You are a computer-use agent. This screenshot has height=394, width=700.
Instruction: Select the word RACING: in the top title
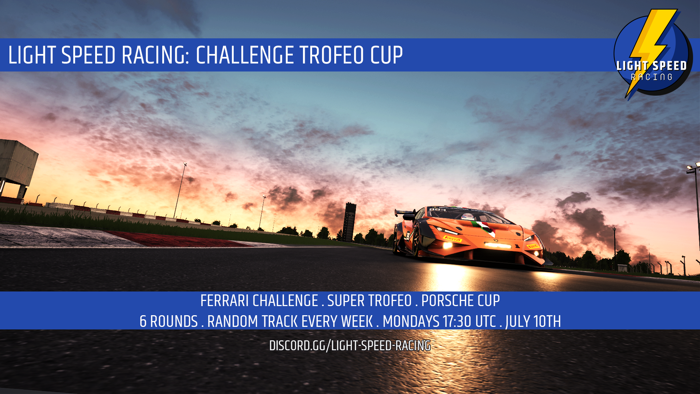(x=155, y=55)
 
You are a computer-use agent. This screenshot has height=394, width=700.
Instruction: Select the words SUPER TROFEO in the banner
(x=369, y=301)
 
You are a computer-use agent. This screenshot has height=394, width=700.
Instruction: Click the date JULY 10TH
(x=533, y=322)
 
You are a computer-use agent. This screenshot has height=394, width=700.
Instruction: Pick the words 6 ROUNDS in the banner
(x=168, y=322)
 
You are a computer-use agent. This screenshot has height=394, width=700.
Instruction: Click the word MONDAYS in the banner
(x=411, y=322)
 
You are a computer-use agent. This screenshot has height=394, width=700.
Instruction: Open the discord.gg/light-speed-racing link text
(x=350, y=346)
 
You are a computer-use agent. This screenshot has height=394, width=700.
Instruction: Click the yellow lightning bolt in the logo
(x=651, y=47)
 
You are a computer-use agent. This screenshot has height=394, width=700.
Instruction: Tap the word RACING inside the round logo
(x=652, y=77)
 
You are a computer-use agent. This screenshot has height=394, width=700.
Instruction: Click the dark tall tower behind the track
(x=349, y=222)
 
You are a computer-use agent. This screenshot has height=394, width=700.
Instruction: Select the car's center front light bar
(x=498, y=245)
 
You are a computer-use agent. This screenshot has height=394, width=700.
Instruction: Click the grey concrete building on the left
(x=16, y=166)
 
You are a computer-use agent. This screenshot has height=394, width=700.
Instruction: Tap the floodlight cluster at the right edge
(x=693, y=167)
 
